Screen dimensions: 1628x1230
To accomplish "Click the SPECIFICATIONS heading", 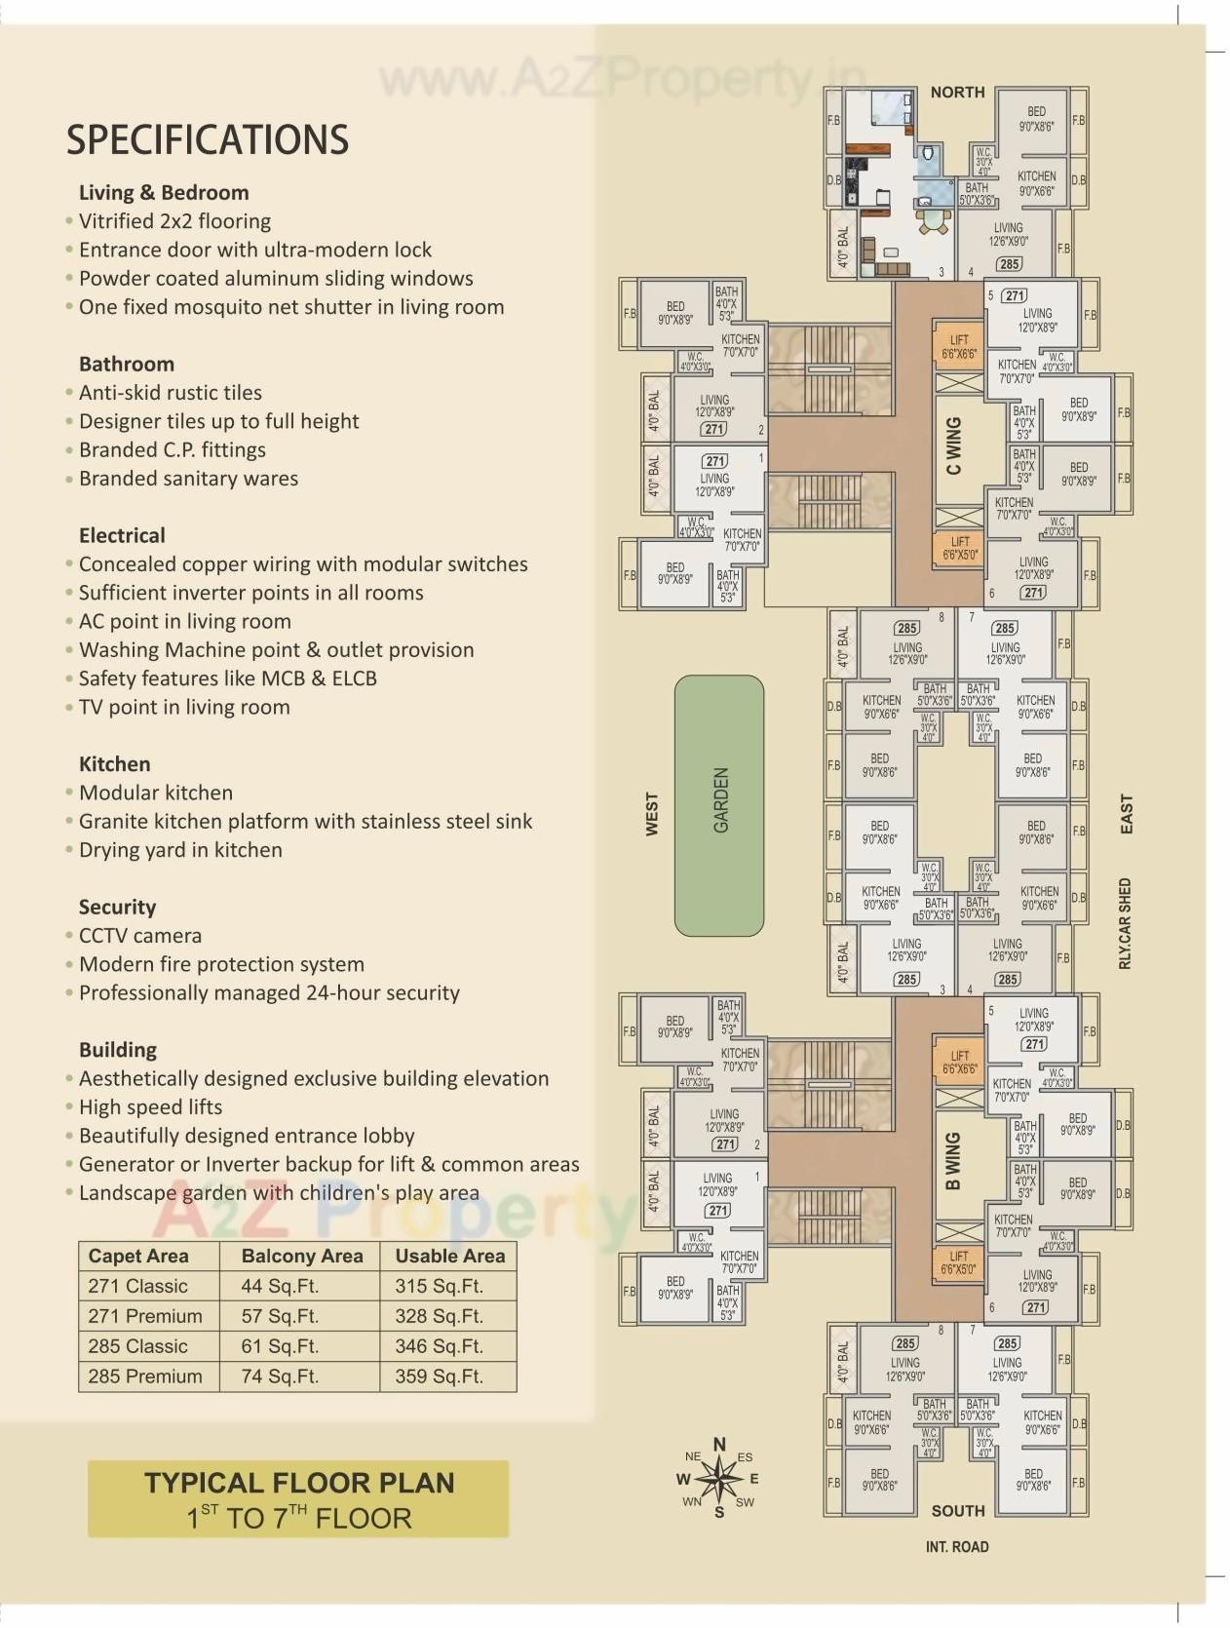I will click(x=207, y=139).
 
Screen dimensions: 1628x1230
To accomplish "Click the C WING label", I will click(x=953, y=446).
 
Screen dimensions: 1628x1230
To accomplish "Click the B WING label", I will click(x=953, y=1160).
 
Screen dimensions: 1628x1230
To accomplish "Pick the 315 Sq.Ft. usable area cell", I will click(x=439, y=1286).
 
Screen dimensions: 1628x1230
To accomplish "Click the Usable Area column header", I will click(x=449, y=1256).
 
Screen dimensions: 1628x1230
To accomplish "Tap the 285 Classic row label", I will click(x=137, y=1346).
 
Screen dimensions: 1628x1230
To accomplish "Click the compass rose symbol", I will click(x=719, y=1479).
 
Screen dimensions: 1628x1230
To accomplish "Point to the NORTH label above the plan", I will click(x=957, y=93).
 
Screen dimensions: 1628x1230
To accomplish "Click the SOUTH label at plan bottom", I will click(x=957, y=1511).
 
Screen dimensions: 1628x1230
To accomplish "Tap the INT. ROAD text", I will click(x=956, y=1547).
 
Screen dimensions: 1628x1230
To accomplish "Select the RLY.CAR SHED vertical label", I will click(x=1125, y=923).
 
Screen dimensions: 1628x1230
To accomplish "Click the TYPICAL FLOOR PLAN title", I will click(x=299, y=1483).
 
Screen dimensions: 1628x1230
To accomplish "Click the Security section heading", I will click(x=117, y=907).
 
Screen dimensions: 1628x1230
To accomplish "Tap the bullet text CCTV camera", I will click(x=140, y=936).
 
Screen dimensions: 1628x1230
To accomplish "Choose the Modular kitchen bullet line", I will click(x=156, y=793).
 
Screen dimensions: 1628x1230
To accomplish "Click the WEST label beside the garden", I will click(x=652, y=814).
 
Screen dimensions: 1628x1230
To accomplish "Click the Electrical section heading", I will click(x=122, y=535).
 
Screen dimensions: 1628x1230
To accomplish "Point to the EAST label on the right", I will click(x=1127, y=814).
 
